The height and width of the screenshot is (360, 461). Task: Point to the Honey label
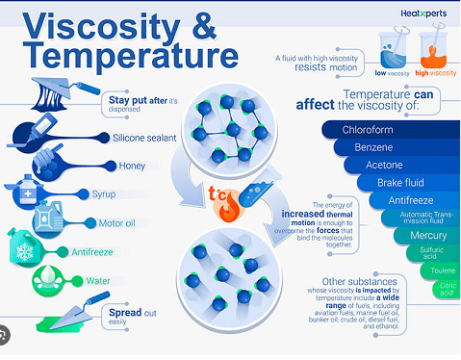133,166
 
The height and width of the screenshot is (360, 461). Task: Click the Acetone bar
384,166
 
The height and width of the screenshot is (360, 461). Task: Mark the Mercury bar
427,235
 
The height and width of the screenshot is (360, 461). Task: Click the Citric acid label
447,290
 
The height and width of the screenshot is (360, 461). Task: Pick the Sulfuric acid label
432,252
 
